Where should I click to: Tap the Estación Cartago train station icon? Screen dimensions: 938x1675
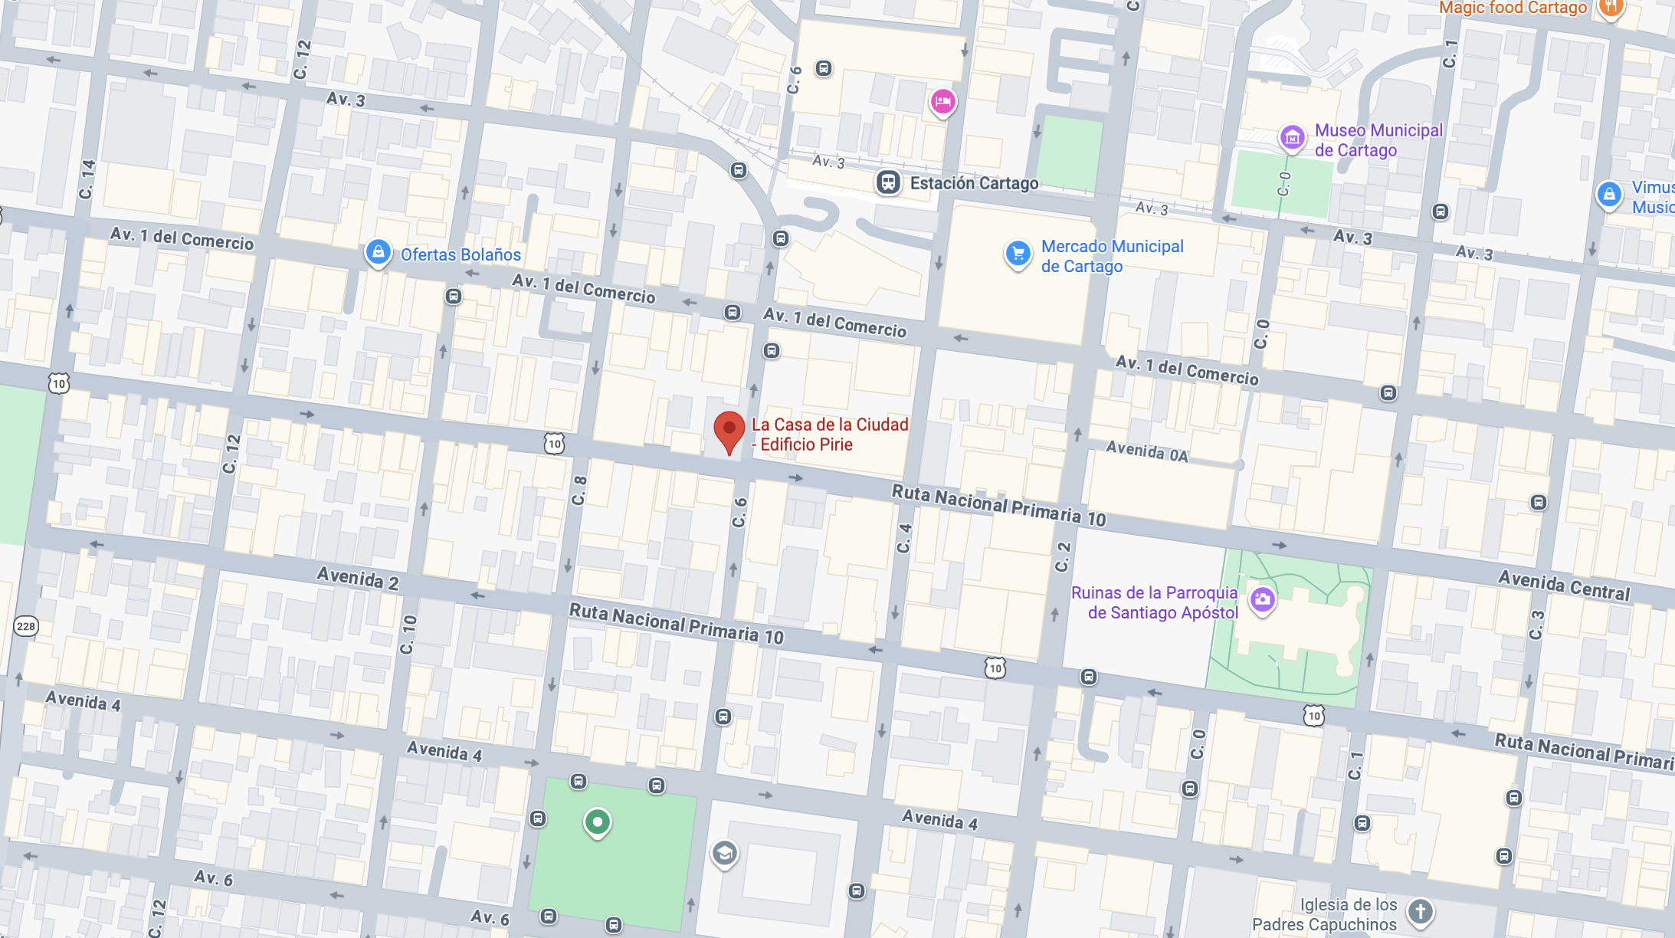click(x=888, y=183)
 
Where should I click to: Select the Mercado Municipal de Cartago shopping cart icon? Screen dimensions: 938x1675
click(x=1018, y=254)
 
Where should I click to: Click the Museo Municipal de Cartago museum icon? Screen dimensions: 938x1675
click(x=1292, y=138)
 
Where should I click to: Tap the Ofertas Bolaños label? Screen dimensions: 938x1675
click(x=460, y=255)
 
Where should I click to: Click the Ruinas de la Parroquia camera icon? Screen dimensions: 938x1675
click(x=1262, y=599)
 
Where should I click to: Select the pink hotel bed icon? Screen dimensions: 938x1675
click(x=942, y=101)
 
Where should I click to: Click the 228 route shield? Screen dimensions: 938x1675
click(x=26, y=626)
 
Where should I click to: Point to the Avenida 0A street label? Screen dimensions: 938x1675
click(x=1146, y=452)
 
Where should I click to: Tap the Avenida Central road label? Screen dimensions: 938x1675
click(x=1564, y=586)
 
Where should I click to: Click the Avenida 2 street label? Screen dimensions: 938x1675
click(x=357, y=578)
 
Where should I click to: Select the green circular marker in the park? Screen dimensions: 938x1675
click(x=597, y=822)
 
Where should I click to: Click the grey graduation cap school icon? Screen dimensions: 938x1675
click(x=724, y=853)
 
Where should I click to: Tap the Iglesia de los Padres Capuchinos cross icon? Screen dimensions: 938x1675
click(x=1420, y=912)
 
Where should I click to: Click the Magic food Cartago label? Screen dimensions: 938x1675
click(x=1513, y=8)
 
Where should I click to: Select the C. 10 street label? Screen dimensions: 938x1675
click(x=408, y=635)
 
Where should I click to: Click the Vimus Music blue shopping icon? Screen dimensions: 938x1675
click(x=1608, y=195)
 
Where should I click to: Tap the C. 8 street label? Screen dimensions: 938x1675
click(x=579, y=490)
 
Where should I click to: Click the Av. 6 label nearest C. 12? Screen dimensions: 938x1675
click(x=213, y=878)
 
